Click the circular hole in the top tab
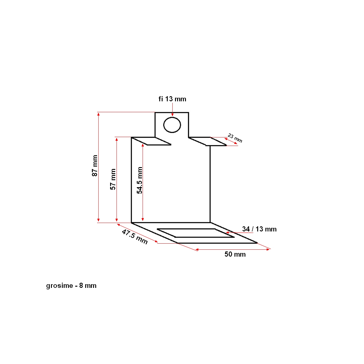(172, 125)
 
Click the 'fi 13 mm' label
(172, 99)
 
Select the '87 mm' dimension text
(95, 166)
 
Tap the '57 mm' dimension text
(113, 179)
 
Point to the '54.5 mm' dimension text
(140, 180)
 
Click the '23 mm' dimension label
(235, 138)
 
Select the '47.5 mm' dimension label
(135, 237)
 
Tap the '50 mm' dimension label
(235, 254)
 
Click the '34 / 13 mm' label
(259, 229)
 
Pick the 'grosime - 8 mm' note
(71, 286)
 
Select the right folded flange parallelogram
(207, 141)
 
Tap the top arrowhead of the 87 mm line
(98, 114)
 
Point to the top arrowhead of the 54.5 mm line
(143, 146)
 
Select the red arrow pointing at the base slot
(240, 233)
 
